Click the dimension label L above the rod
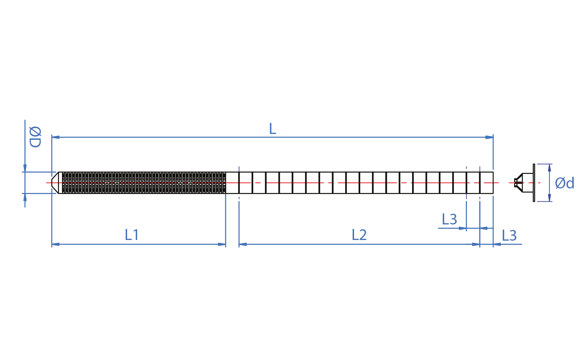point(272,129)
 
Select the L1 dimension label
point(132,235)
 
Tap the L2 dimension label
point(359,235)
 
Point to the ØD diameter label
point(35,137)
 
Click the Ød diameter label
point(564,183)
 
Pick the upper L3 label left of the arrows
point(449,220)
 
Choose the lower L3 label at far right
point(509,236)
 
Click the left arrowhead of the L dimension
point(55,137)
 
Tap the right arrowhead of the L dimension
point(489,137)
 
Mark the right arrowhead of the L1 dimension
point(222,244)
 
